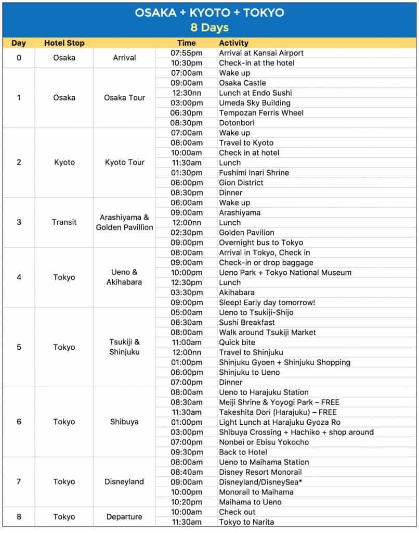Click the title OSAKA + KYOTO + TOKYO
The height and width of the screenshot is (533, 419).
point(209,12)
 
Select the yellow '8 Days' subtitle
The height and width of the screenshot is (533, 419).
point(209,27)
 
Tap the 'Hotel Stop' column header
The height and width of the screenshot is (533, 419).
point(64,43)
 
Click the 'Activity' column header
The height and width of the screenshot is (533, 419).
point(233,43)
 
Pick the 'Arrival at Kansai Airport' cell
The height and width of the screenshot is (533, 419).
point(261,53)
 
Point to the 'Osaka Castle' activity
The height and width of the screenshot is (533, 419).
point(242,83)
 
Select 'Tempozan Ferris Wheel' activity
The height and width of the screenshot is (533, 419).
point(261,113)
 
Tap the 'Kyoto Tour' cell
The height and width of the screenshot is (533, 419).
point(125,162)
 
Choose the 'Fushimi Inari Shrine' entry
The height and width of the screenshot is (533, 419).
point(254,173)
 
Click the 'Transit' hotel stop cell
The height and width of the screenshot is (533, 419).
point(64,222)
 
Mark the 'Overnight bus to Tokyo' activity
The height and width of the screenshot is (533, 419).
point(260,243)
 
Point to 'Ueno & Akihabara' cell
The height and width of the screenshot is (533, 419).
point(125,277)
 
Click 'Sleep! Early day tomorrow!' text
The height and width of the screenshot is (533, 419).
point(267,302)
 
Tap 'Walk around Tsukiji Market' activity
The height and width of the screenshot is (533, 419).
point(267,332)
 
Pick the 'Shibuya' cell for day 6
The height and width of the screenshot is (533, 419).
point(125,422)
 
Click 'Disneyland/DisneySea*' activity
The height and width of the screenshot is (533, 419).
point(260,482)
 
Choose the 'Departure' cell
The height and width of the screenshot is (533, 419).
point(125,517)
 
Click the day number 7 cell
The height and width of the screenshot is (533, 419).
point(19,482)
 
